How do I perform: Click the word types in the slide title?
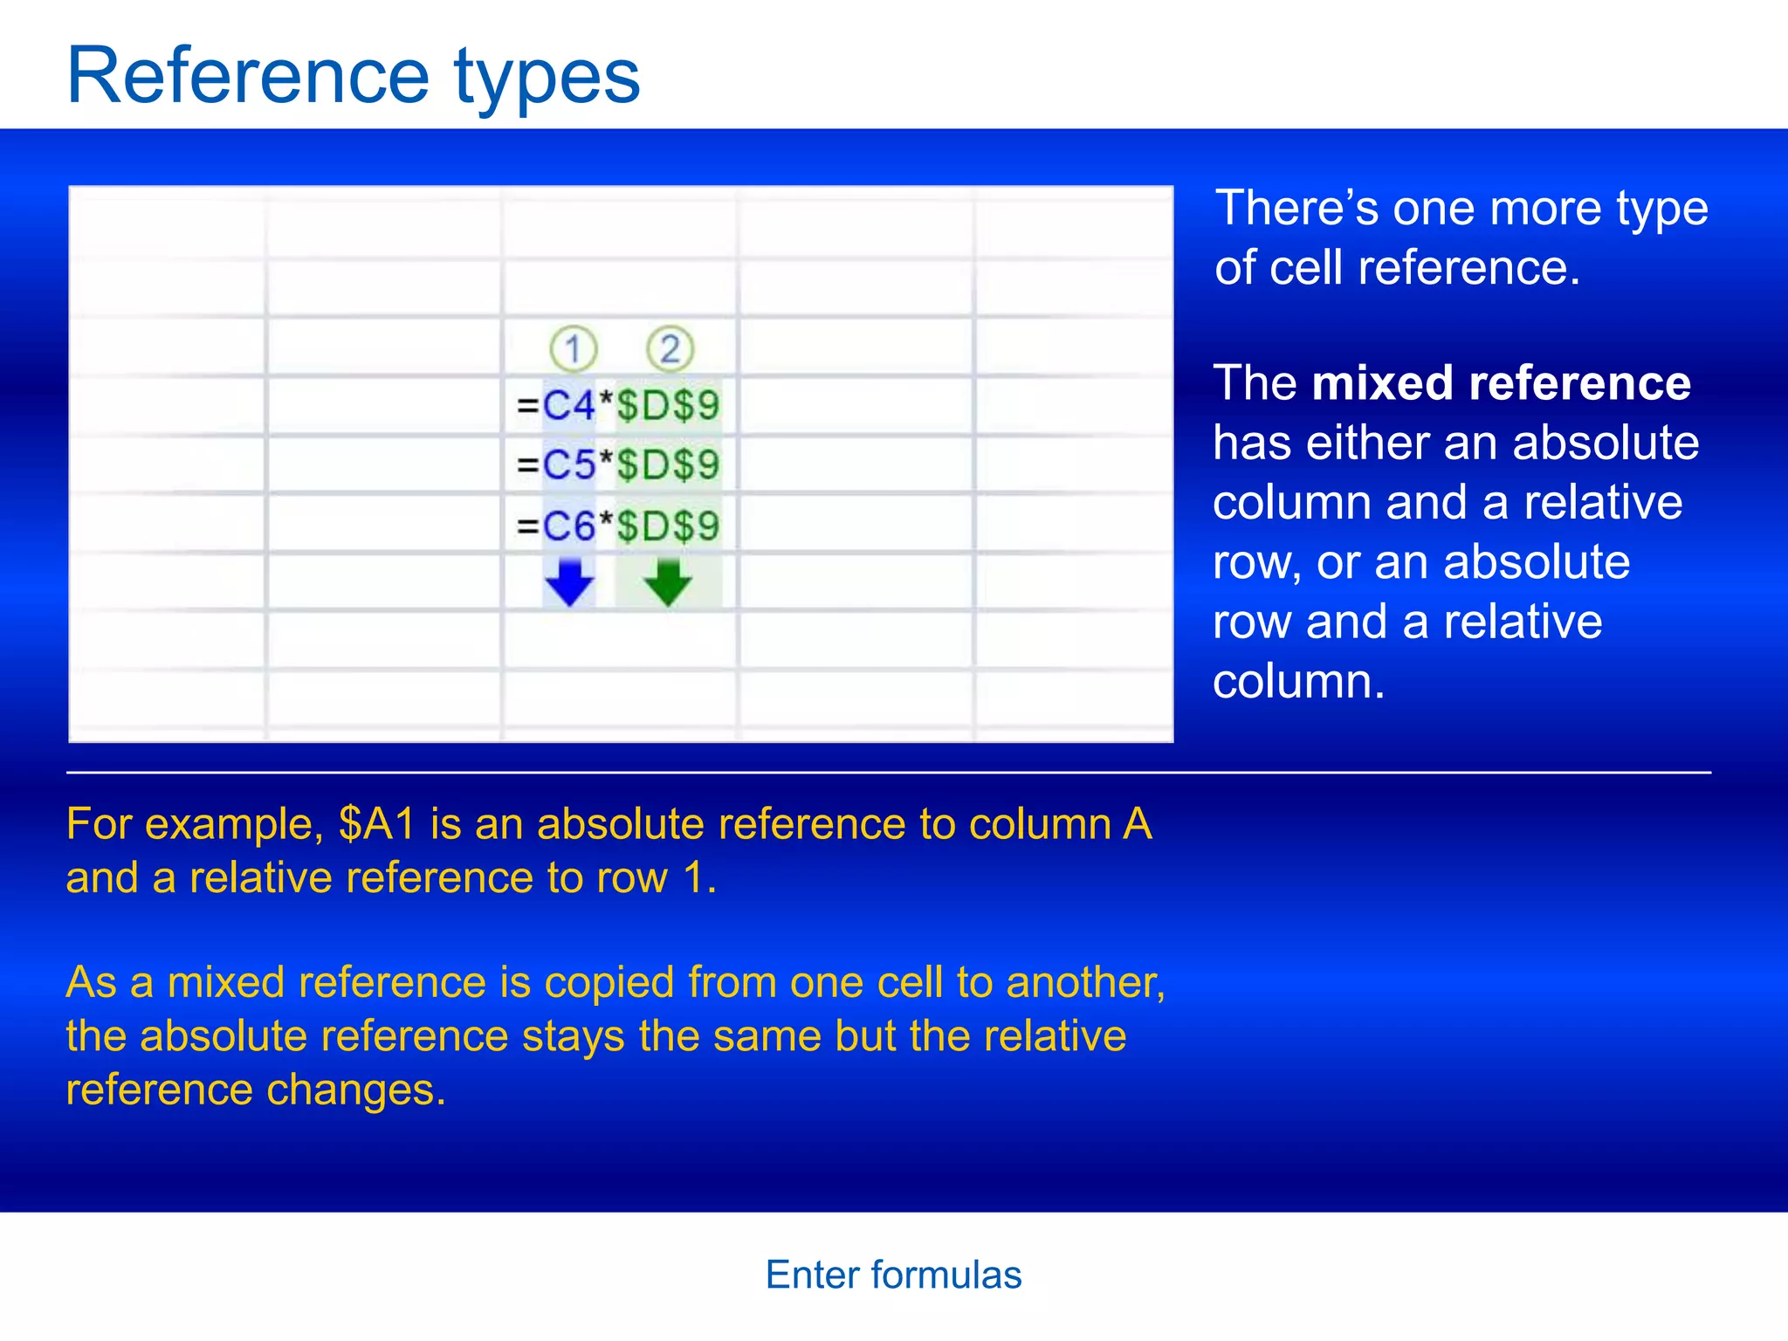click(547, 80)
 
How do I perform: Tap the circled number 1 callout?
click(573, 350)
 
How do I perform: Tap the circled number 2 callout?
click(670, 350)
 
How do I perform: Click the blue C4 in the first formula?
click(568, 406)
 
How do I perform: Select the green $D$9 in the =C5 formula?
click(668, 465)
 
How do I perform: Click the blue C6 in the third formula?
click(568, 526)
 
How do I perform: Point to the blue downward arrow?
click(569, 582)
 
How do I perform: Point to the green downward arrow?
click(668, 582)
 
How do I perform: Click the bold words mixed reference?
click(1501, 383)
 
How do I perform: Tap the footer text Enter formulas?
click(893, 1276)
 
